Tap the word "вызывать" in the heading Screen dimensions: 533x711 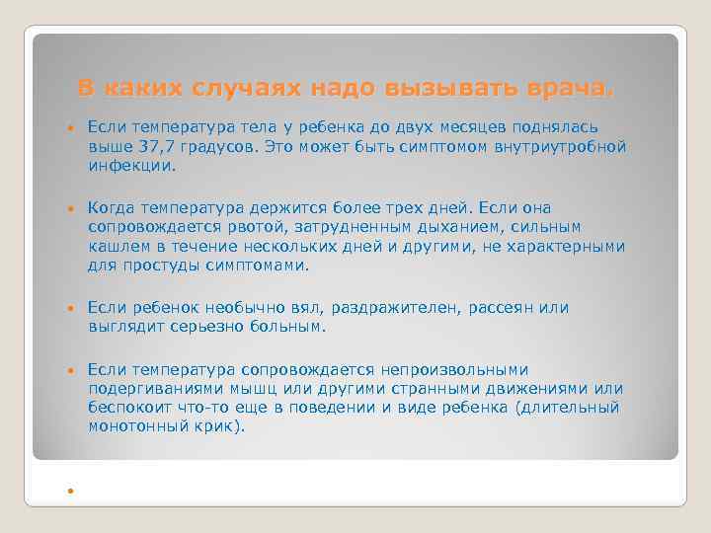click(x=438, y=89)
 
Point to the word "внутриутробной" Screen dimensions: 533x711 click(x=562, y=146)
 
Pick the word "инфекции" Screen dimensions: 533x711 click(x=130, y=165)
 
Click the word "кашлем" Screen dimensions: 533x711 click(x=115, y=246)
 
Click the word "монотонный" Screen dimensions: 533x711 click(x=133, y=426)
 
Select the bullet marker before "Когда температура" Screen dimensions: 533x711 click(x=70, y=209)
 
